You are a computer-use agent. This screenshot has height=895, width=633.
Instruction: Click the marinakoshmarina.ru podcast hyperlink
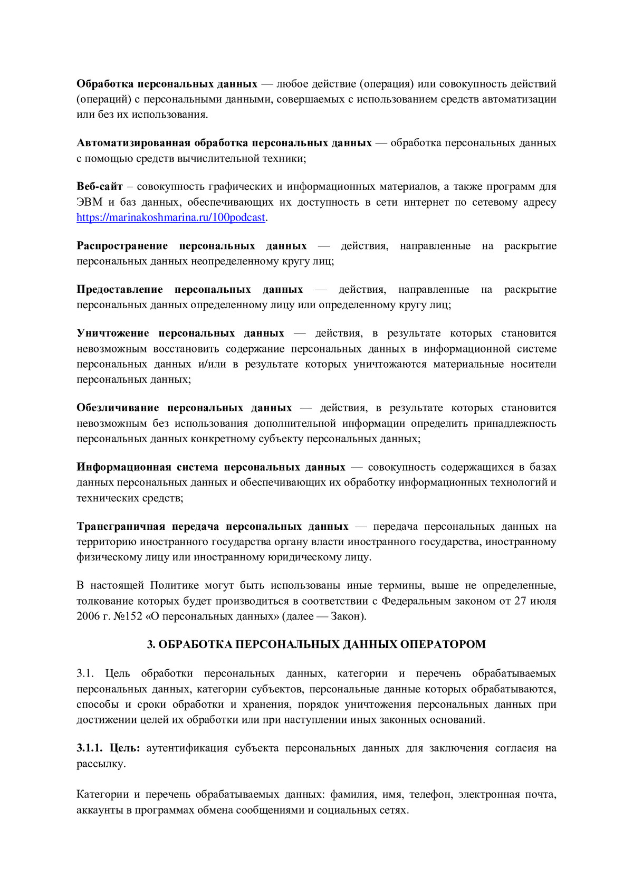point(170,217)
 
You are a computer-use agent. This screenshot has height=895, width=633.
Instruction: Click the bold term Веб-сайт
point(100,186)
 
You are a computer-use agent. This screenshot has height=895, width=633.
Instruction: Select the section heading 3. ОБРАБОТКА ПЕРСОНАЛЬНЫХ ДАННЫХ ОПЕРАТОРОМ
point(316,644)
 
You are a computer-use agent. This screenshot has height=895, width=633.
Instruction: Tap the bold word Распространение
point(122,246)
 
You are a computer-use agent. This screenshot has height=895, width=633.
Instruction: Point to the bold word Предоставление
point(120,289)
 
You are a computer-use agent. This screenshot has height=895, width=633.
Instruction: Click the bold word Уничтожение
point(113,333)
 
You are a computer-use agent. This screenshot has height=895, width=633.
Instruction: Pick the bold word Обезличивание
point(117,407)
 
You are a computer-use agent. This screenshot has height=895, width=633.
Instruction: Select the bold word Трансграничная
point(119,526)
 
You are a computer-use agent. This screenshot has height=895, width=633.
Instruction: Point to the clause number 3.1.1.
point(90,748)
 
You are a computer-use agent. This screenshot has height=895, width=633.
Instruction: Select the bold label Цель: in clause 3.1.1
point(124,748)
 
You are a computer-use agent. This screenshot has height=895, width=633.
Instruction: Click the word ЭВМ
point(90,202)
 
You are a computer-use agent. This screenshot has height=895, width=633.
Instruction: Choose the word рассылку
point(101,764)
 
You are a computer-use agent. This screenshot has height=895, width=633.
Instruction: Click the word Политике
point(175,585)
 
